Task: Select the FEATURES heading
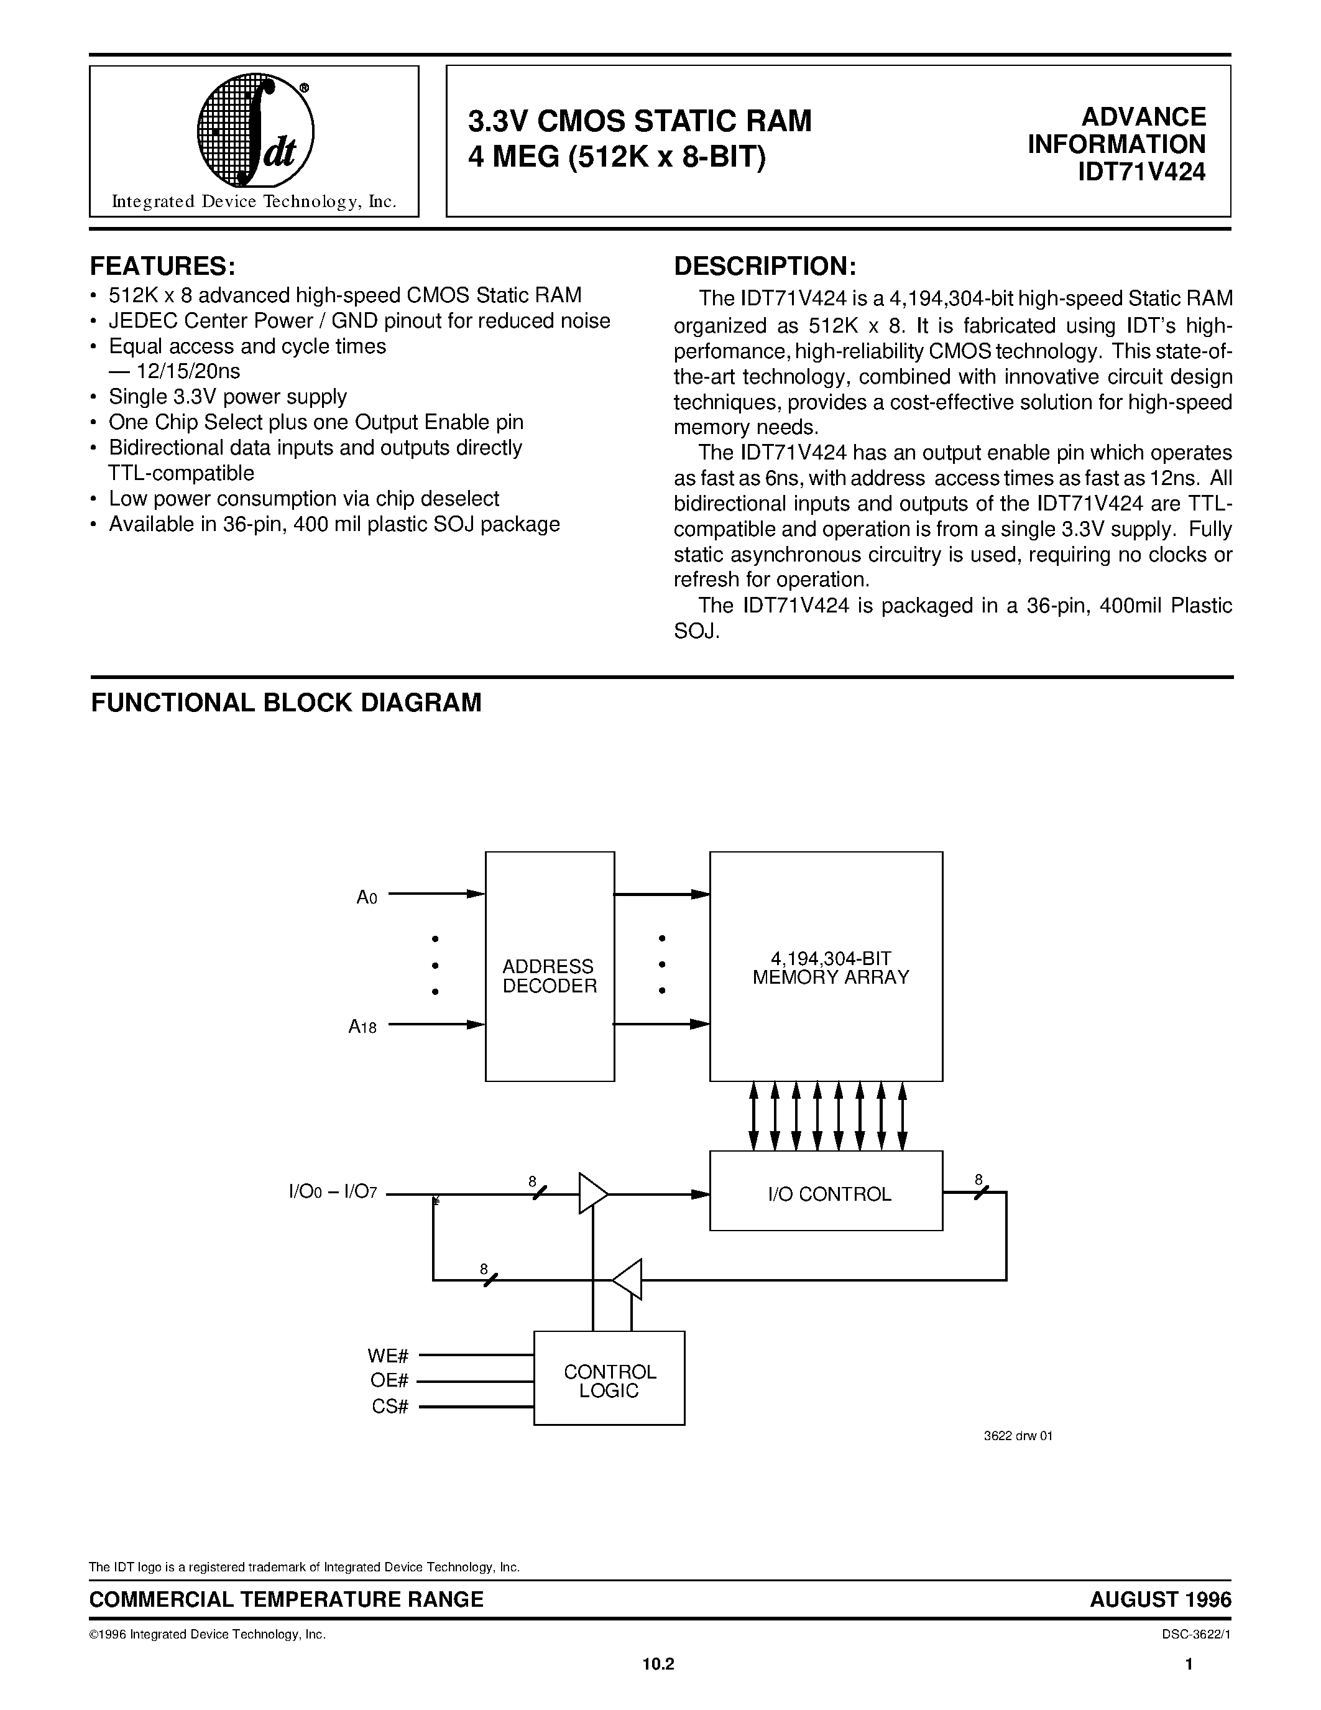(163, 266)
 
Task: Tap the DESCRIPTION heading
(765, 266)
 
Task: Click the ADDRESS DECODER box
(550, 966)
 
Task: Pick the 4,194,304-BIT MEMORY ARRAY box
(826, 966)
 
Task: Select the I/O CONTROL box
(826, 1194)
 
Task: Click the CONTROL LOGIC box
(609, 1381)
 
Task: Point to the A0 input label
(366, 897)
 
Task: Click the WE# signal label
(388, 1356)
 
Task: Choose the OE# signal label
(389, 1380)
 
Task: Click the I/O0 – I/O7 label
(333, 1193)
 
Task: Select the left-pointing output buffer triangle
(628, 1279)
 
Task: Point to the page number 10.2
(658, 1680)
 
